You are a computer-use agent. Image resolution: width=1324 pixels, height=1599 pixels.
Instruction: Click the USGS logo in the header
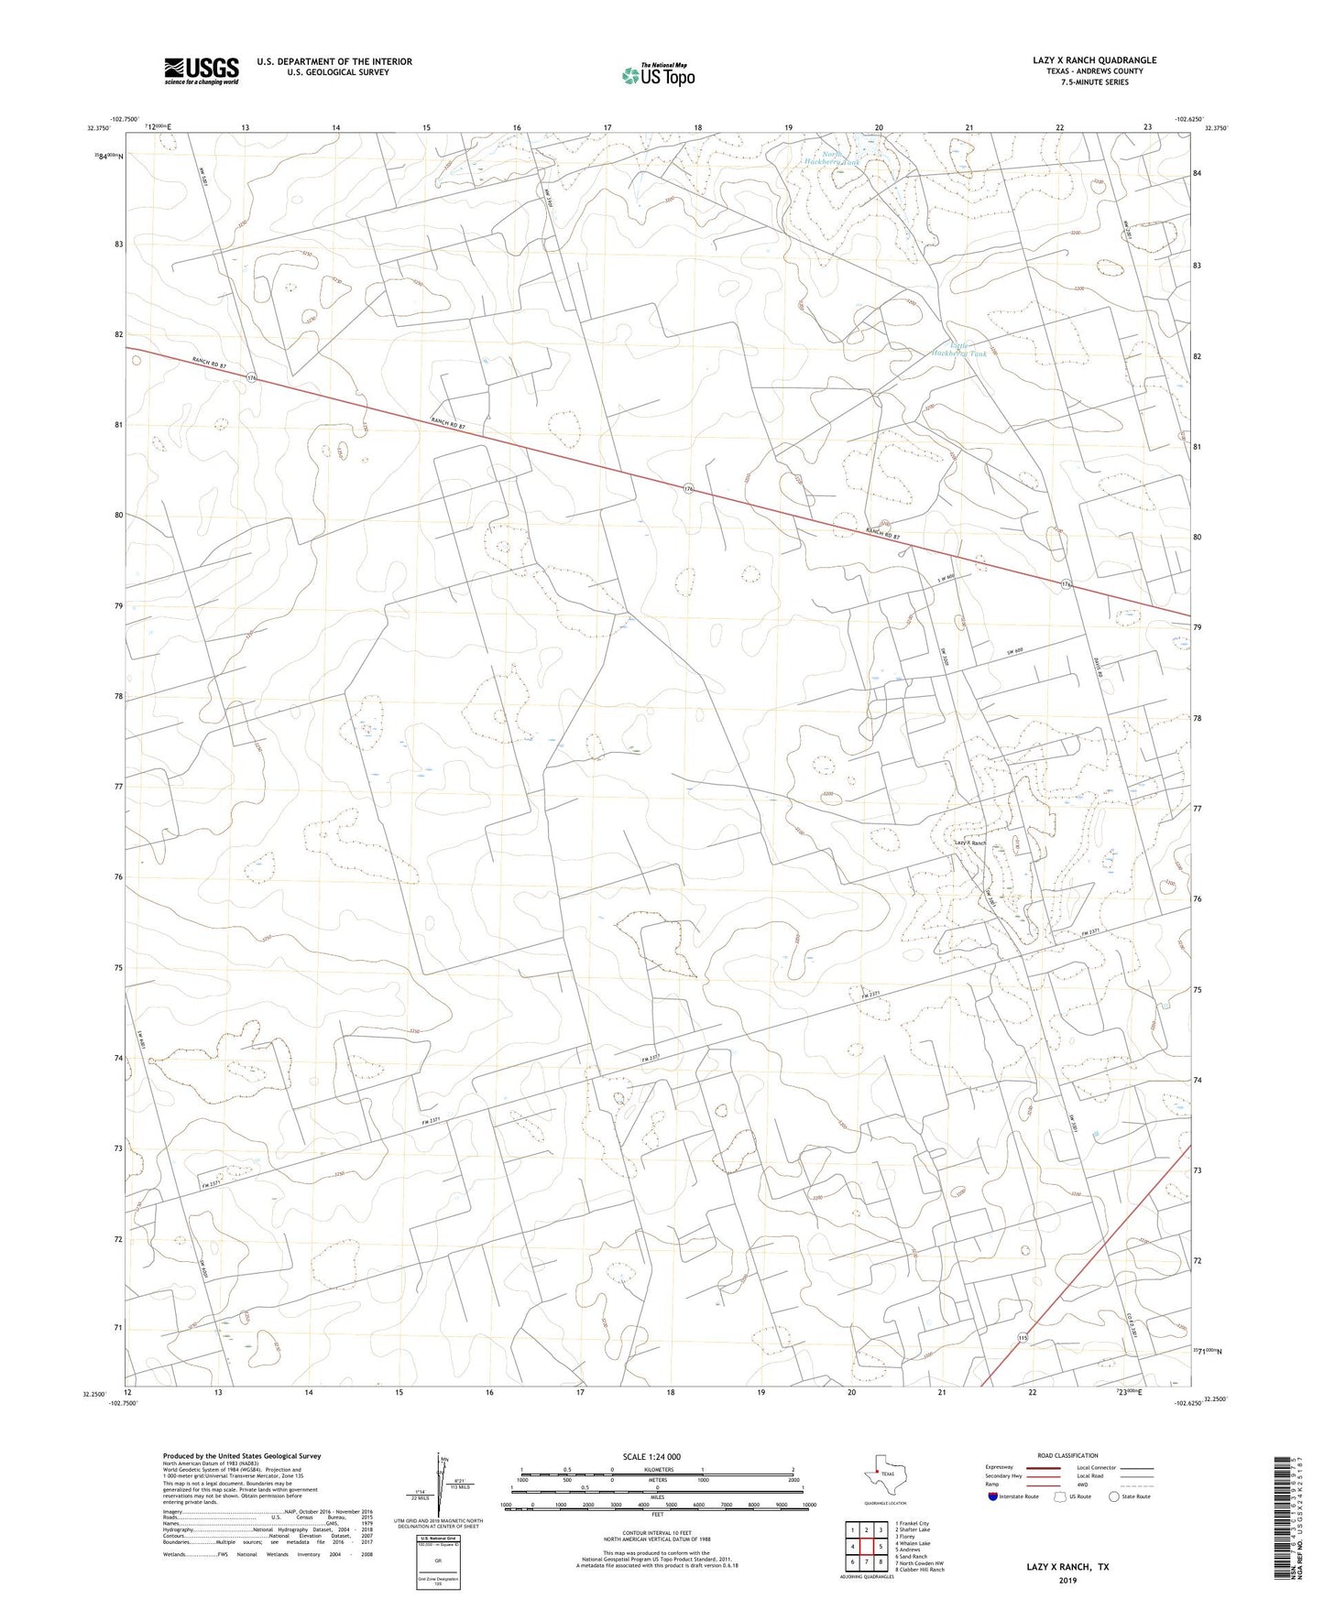click(202, 70)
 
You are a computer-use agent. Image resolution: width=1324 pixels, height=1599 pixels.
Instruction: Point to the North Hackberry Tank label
click(830, 158)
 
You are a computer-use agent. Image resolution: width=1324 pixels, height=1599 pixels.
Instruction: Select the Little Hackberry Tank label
click(957, 349)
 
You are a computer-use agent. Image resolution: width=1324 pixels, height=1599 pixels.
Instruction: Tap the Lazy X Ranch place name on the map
click(970, 843)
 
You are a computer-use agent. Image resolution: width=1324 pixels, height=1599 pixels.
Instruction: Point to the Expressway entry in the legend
click(1000, 1467)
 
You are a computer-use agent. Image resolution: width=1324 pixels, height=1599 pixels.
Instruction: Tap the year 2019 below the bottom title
click(1067, 1581)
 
